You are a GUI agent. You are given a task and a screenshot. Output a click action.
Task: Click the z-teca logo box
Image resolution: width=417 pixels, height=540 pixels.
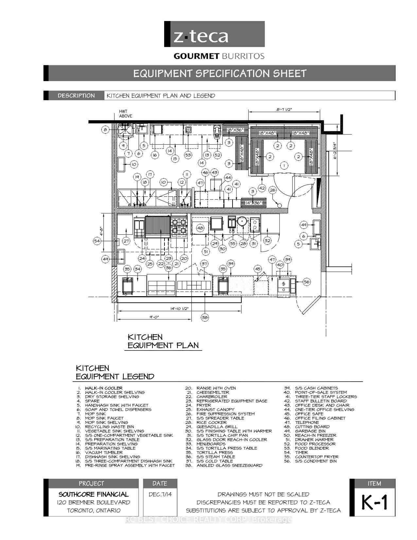point(214,34)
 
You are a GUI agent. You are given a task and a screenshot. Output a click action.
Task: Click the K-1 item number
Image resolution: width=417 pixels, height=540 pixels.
point(374,502)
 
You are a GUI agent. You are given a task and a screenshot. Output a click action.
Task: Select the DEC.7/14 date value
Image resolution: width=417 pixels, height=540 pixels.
point(160,494)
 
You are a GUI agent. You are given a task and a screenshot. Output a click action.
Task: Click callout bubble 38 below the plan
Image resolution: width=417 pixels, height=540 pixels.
point(205,317)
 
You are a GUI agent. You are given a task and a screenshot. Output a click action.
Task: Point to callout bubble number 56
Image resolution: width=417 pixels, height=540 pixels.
point(306,282)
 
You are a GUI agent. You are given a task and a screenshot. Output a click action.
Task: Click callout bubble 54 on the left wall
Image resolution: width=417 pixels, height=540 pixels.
point(97,241)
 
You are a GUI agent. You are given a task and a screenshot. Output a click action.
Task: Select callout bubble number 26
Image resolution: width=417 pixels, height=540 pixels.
point(272,190)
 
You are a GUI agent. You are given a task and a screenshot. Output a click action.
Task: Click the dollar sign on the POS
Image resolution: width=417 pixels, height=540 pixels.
point(283,283)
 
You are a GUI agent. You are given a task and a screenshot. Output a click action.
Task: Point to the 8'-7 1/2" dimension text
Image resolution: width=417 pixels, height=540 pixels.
point(284,109)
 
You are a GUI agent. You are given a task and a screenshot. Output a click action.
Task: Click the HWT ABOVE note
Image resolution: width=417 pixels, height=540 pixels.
point(126,114)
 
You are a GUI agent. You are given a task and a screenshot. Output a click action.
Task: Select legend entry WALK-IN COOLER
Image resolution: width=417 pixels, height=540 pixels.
point(104,388)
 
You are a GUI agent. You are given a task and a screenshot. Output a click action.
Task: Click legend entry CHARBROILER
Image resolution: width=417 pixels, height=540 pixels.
point(212,397)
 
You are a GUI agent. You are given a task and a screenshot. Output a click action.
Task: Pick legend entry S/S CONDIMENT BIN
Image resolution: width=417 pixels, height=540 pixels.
point(316,461)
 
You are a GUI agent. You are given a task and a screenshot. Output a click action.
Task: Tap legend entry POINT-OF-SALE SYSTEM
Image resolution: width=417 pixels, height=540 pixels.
point(321,392)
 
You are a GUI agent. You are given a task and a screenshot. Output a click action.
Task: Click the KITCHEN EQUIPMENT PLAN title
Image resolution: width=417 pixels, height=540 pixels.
point(163,341)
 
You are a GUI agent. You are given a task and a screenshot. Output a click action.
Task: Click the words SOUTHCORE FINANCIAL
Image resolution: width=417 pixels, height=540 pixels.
point(94,494)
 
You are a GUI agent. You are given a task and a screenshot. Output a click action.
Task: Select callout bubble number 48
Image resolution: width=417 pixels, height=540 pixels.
point(200,228)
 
